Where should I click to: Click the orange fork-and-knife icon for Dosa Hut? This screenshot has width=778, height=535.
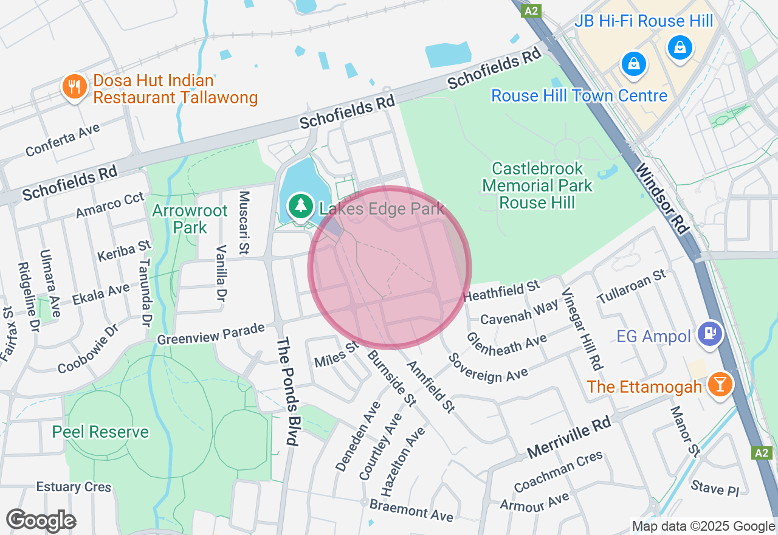tap(74, 87)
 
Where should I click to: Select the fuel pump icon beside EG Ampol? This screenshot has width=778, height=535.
tap(709, 333)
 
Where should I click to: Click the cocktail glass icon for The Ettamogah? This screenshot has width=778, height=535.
tap(721, 385)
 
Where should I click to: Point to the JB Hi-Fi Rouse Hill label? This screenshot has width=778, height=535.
tap(644, 21)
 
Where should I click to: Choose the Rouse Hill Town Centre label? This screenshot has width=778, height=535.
tap(579, 95)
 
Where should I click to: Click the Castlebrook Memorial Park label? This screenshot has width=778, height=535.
tap(537, 185)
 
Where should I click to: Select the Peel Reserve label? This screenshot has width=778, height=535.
tap(100, 432)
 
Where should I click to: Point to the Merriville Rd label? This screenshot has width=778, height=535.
tap(568, 437)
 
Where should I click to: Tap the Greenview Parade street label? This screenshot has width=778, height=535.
tap(211, 333)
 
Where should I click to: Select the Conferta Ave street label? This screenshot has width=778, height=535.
tap(63, 139)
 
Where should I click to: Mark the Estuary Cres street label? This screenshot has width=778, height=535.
tap(74, 487)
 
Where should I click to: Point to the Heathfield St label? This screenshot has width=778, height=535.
tap(501, 290)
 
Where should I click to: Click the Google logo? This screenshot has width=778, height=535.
tap(41, 520)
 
